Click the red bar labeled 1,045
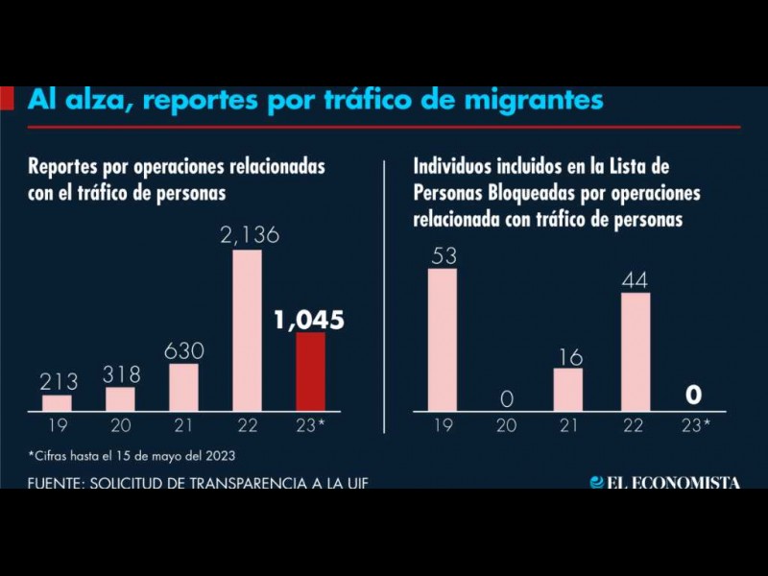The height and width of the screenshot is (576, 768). click(310, 372)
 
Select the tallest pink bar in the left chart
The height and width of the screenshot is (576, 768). click(247, 330)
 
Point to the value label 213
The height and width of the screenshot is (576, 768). click(58, 382)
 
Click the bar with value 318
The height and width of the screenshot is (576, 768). click(121, 398)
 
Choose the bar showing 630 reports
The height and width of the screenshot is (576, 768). click(183, 387)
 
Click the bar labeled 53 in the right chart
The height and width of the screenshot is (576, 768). click(443, 339)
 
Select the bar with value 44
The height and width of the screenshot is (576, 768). click(636, 350)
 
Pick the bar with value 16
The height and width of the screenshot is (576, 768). click(568, 389)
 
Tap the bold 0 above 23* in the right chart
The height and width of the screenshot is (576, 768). click(694, 395)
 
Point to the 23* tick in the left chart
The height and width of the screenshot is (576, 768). click(311, 424)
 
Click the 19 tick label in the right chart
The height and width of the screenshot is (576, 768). click(443, 424)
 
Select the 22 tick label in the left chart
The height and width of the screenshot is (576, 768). click(247, 424)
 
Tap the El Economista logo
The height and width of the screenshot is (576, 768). click(664, 482)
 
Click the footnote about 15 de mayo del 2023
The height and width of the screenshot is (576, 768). click(132, 455)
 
